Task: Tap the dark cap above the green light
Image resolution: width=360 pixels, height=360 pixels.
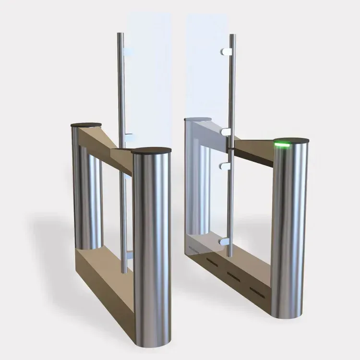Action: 290,140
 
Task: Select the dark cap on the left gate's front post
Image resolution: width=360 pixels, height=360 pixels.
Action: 151,151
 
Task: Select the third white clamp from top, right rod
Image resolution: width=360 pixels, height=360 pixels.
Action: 223,167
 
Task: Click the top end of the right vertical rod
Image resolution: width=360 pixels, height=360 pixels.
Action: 232,36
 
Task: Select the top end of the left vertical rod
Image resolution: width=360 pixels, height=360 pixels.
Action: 120,34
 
